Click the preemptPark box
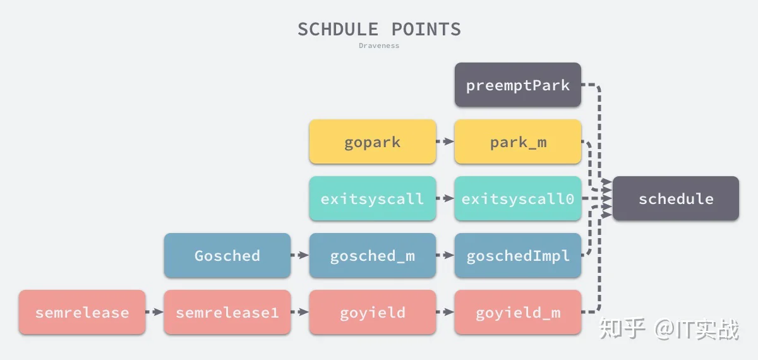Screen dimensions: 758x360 tap(518, 85)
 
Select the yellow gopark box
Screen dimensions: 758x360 tap(373, 141)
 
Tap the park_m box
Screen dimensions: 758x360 tap(518, 141)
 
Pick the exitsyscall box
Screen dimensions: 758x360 tap(373, 198)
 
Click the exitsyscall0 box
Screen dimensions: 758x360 tap(518, 198)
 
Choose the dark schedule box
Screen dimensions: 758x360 tap(676, 198)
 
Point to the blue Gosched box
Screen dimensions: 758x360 tap(227, 255)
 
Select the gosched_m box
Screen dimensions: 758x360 tap(373, 255)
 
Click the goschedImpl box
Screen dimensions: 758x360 tap(518, 255)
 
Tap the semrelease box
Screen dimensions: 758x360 tap(82, 312)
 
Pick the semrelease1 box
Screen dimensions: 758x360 tap(227, 312)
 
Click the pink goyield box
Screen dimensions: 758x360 tap(373, 312)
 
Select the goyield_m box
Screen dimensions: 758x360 tap(518, 312)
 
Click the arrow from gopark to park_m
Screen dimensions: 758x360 tap(445, 141)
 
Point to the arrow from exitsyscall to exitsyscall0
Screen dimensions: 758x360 tap(445, 198)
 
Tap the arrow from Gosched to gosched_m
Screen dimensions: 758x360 tap(300, 255)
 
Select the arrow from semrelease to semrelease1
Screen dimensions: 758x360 tap(155, 312)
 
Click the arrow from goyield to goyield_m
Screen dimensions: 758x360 tap(445, 312)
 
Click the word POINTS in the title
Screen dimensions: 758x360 tap(426, 30)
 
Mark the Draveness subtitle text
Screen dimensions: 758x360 tap(379, 45)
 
